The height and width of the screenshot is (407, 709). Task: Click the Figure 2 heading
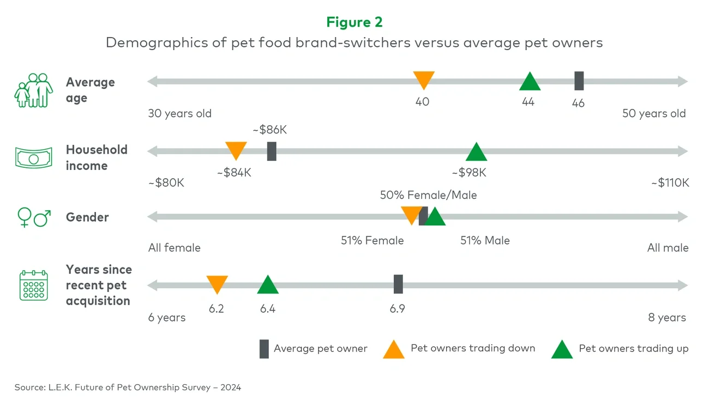tap(354, 22)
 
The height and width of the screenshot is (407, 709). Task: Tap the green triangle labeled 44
tap(530, 82)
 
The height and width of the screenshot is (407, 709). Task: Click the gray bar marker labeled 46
tap(579, 81)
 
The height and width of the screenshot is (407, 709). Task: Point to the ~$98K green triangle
tap(476, 153)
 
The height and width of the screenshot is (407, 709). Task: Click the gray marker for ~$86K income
tap(272, 151)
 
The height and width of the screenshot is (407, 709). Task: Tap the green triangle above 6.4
tap(268, 285)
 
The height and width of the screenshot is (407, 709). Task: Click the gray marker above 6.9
tap(398, 284)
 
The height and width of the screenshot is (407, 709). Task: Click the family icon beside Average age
tap(34, 90)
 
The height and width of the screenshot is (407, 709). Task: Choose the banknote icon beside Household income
tap(33, 158)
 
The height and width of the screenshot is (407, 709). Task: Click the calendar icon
tap(34, 285)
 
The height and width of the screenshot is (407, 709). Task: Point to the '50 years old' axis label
tap(654, 114)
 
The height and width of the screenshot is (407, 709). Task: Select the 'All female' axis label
tap(175, 248)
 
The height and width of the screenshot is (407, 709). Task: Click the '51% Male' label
tap(485, 241)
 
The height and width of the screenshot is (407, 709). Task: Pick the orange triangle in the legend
tap(393, 350)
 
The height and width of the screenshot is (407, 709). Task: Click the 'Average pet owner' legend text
tap(321, 349)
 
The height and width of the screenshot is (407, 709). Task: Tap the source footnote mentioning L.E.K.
tap(128, 387)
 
